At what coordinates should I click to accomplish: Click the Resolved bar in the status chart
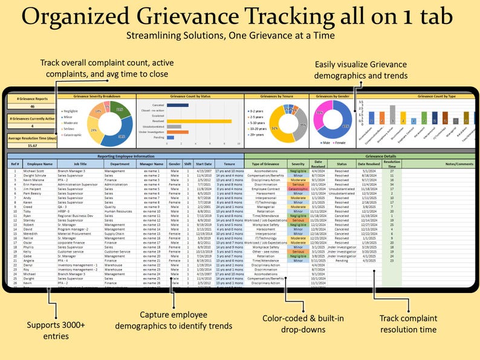click(x=199, y=121)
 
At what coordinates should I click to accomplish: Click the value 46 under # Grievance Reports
click(x=31, y=107)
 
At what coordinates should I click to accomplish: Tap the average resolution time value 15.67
click(x=31, y=146)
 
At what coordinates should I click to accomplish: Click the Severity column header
click(x=298, y=164)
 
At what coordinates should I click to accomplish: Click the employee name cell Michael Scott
click(x=38, y=172)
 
